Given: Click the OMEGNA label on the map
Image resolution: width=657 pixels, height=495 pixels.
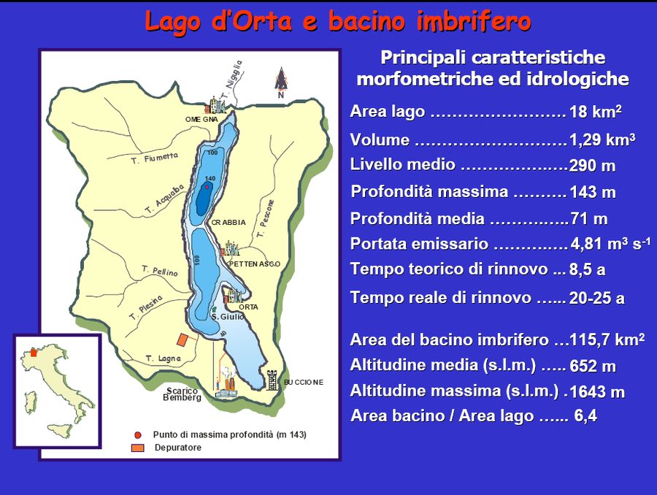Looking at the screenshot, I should coord(201,119).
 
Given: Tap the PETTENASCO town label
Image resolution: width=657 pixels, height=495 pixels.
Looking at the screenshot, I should coord(255,264).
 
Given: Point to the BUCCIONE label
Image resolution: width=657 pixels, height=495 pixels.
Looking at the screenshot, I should coord(304,382).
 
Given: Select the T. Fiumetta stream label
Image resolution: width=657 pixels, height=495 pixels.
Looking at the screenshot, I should coord(154,157).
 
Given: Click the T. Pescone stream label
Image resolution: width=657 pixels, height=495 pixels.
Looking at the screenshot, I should coord(265,218).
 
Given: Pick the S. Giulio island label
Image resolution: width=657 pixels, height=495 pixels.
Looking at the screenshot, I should coord(228,316).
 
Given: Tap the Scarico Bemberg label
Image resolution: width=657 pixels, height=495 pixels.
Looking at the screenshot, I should coord(182,394).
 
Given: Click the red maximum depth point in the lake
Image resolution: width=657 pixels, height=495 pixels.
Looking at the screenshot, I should coord(207,187).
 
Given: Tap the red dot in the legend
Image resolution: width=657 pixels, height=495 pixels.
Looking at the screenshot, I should coord(139,434).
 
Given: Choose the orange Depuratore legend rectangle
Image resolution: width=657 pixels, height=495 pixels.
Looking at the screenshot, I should coord(139,448).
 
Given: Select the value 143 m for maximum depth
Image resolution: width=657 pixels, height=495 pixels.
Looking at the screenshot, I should coord(593,193).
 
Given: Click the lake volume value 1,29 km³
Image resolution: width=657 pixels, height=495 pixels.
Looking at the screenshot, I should coord(602,139).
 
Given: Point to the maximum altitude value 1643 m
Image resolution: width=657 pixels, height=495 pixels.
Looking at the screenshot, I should coord(597,392).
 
